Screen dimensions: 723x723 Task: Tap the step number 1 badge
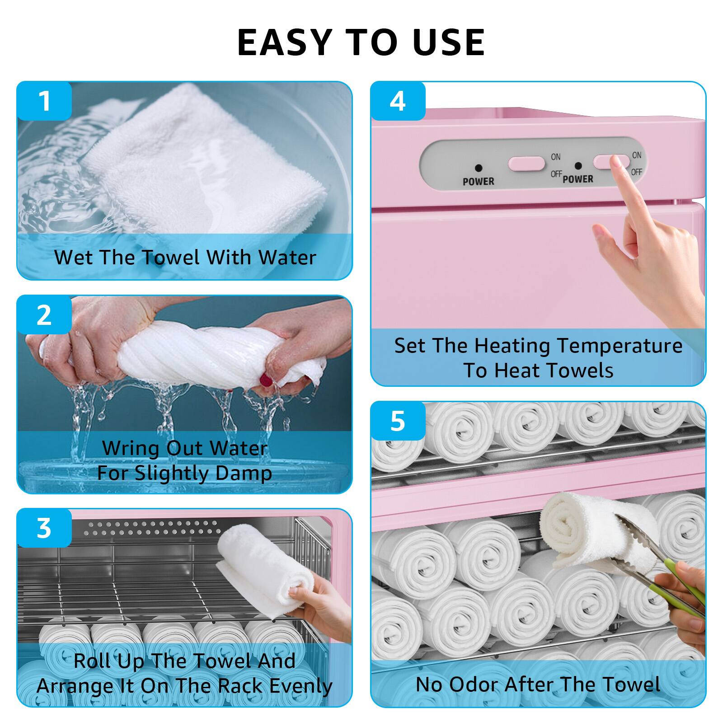coord(44,101)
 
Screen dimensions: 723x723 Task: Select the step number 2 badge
coord(44,315)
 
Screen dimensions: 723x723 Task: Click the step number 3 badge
coord(44,528)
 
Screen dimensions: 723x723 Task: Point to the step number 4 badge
coord(398,101)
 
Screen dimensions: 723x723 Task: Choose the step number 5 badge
coord(398,421)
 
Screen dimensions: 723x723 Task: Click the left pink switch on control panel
coord(526,163)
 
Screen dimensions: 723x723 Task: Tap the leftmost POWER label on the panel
coord(478,181)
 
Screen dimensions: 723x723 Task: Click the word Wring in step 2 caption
coord(131,448)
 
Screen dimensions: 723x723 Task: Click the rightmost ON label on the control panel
coord(637,155)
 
